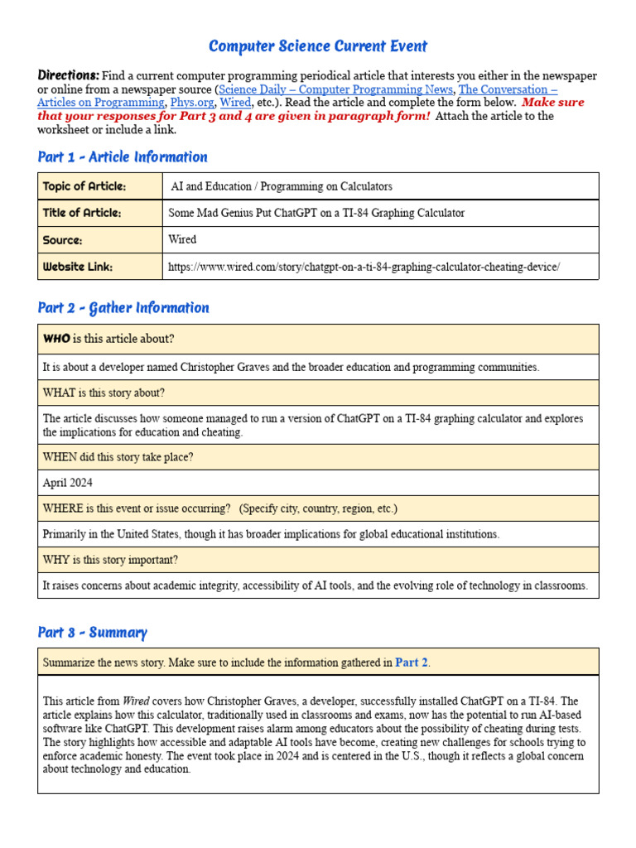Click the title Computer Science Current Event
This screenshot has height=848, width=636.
(318, 46)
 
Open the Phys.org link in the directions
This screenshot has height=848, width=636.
(190, 103)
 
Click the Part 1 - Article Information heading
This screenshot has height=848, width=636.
(123, 157)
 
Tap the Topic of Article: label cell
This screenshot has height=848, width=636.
(84, 186)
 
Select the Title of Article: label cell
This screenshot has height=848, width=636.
(82, 213)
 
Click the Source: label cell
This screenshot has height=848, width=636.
(63, 239)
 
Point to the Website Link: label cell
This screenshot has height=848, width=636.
(78, 267)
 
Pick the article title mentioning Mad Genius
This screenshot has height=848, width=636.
(316, 213)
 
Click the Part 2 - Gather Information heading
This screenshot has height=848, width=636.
(123, 308)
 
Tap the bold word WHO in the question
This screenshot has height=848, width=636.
(56, 339)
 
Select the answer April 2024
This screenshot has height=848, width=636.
(67, 483)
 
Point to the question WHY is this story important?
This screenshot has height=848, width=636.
(109, 560)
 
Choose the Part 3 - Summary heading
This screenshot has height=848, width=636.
(92, 633)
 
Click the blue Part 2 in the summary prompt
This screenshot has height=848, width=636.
(412, 662)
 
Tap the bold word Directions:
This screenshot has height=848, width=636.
(69, 75)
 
